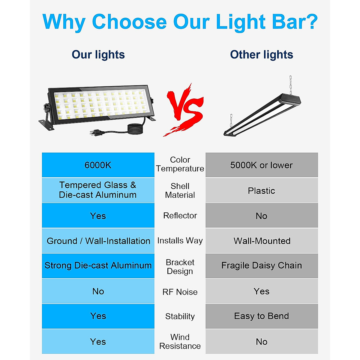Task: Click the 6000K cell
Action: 98,165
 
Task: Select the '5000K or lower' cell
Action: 261,165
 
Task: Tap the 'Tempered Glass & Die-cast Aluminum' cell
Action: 98,190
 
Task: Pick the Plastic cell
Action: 261,191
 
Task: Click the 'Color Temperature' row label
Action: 180,164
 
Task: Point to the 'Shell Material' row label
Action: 180,190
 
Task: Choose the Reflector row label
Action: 180,215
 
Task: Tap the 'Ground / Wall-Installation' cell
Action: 98,241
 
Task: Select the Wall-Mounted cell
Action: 262,241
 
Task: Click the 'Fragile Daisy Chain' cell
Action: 261,265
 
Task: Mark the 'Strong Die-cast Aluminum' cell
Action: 98,265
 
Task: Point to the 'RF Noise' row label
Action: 180,292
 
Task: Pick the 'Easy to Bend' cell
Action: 261,316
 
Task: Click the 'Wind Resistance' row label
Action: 180,341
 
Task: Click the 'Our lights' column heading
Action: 98,55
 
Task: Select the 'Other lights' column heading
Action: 261,55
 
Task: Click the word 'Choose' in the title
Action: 129,22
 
